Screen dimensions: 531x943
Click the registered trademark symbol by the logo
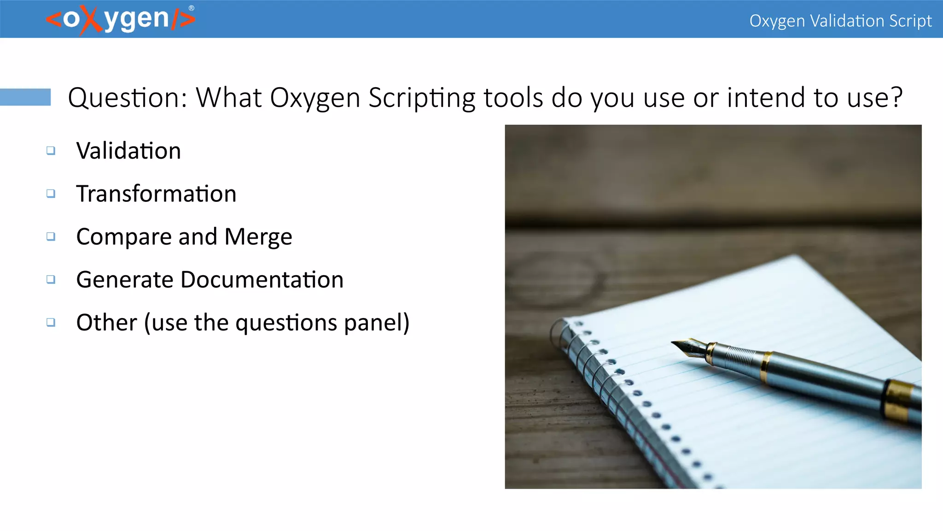pos(192,8)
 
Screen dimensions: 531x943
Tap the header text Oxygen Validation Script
pos(840,21)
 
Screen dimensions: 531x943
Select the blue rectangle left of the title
pos(25,97)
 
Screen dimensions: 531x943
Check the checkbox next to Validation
pos(51,151)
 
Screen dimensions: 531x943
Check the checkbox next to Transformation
pos(51,194)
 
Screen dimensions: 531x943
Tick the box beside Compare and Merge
pos(51,236)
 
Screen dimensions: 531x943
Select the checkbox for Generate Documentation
pos(51,279)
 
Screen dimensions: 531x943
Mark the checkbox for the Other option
pos(51,322)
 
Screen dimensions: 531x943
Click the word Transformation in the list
pos(156,194)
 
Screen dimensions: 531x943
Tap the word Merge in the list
pos(258,237)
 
